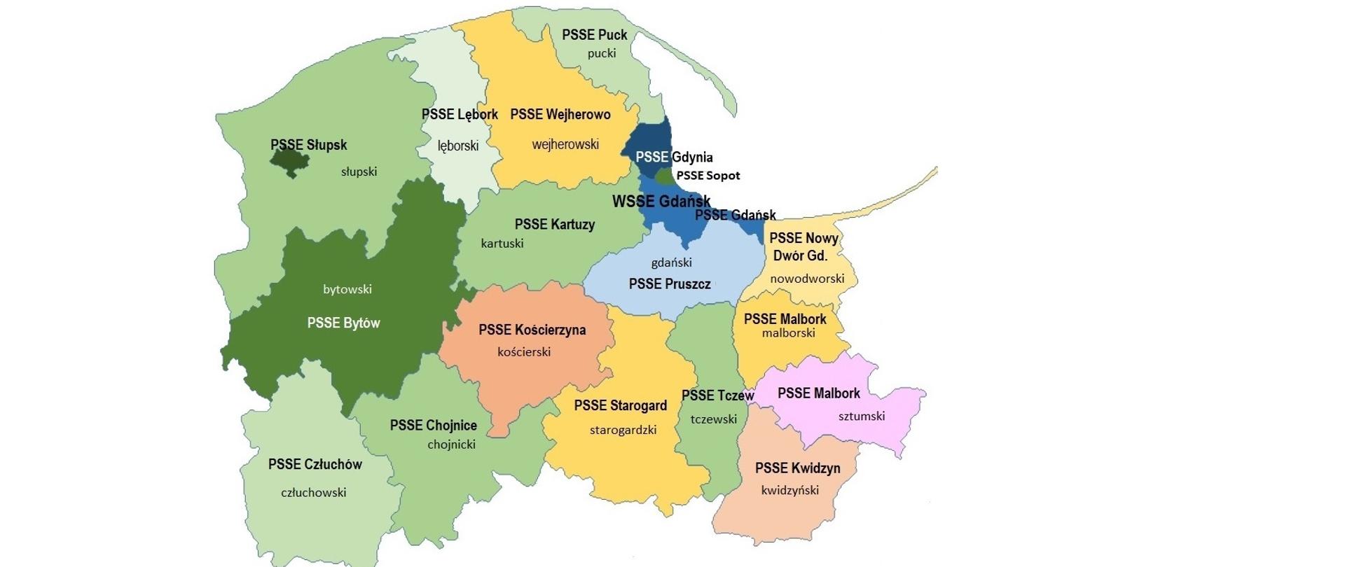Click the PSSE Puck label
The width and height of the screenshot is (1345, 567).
pyautogui.click(x=594, y=35)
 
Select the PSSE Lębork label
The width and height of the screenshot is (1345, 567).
pyautogui.click(x=460, y=114)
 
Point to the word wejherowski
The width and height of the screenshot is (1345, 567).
pyautogui.click(x=565, y=145)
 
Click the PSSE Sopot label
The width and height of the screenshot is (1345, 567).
pyautogui.click(x=708, y=176)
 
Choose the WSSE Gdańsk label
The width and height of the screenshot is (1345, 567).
pyautogui.click(x=661, y=202)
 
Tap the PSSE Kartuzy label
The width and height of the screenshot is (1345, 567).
pyautogui.click(x=554, y=225)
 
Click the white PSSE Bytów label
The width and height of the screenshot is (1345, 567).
pyautogui.click(x=343, y=323)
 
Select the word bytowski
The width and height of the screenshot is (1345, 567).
pyautogui.click(x=347, y=289)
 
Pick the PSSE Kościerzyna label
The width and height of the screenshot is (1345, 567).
pyautogui.click(x=532, y=330)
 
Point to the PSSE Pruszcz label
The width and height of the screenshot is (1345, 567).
pyautogui.click(x=670, y=284)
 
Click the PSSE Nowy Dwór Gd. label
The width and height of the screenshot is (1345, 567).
pyautogui.click(x=803, y=247)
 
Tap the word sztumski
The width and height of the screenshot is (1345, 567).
pyautogui.click(x=861, y=416)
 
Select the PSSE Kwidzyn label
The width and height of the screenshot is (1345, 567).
pyautogui.click(x=797, y=468)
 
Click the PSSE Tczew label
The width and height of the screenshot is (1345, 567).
pyautogui.click(x=717, y=395)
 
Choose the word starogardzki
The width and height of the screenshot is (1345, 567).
pyautogui.click(x=623, y=430)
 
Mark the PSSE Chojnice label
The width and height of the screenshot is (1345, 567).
pyautogui.click(x=433, y=426)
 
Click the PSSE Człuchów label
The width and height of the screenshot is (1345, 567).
pyautogui.click(x=315, y=465)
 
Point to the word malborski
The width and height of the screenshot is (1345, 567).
pyautogui.click(x=788, y=333)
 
